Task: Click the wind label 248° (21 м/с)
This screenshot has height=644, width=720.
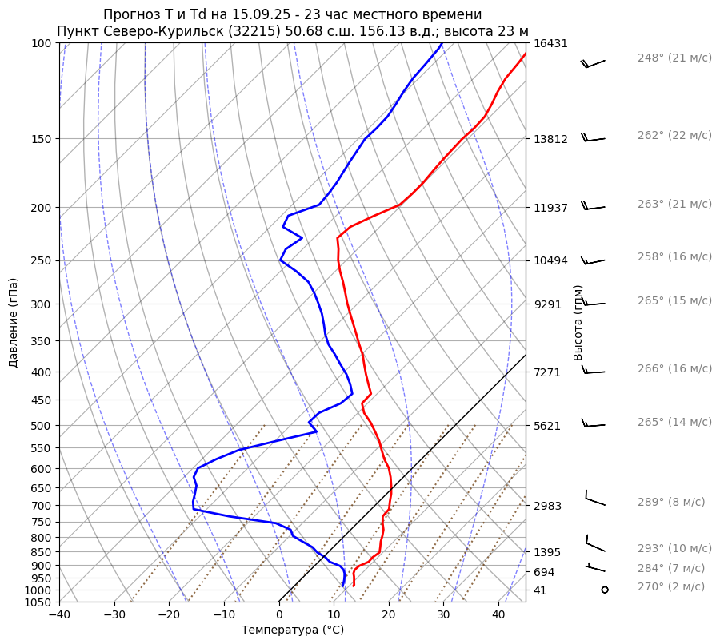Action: pos(674,58)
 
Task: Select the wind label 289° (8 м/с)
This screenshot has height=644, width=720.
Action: pos(671,503)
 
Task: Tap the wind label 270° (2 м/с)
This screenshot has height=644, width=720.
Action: pos(671,587)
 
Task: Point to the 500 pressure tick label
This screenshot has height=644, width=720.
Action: pos(42,426)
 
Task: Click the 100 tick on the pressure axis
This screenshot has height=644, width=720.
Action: pos(42,43)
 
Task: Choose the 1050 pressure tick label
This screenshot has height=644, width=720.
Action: pos(39,602)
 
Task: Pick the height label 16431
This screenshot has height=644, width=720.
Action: pos(550,43)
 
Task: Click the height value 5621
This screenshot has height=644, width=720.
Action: pos(547,426)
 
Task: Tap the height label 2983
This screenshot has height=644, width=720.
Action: pos(547,506)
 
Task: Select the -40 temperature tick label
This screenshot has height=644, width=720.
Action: pos(59,615)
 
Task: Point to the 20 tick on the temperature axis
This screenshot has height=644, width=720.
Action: pos(389,615)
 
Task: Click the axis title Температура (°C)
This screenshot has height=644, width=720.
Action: pos(293,630)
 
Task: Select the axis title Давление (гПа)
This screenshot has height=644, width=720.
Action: pos(14,323)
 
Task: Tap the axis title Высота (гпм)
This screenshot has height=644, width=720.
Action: pos(578,323)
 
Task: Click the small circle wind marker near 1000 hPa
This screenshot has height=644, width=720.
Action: pos(604,590)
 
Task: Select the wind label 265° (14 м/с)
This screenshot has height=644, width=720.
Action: pos(674,422)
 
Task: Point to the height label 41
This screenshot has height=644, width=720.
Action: pos(540,590)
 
